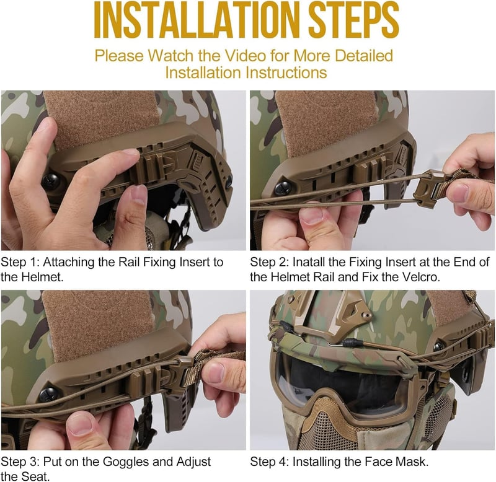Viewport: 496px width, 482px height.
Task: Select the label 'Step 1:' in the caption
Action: [x=20, y=262]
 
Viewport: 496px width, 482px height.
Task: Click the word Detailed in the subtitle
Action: [x=364, y=56]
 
